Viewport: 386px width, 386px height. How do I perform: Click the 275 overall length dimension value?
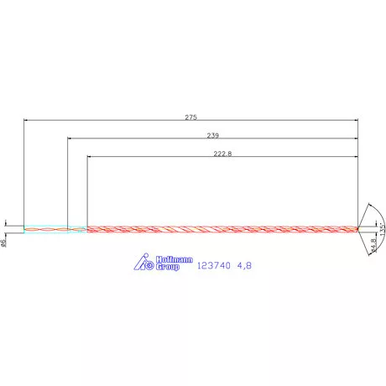[x=190, y=117]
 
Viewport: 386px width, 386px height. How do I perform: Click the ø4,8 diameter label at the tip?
[x=373, y=246]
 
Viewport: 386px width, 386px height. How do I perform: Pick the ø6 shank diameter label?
[x=4, y=243]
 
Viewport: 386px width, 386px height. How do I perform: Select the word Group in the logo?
[x=168, y=268]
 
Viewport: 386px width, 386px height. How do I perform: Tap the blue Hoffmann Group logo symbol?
[x=143, y=263]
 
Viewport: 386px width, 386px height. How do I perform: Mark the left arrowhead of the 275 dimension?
[x=26, y=121]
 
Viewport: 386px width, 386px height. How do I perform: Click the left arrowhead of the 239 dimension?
[x=70, y=138]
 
